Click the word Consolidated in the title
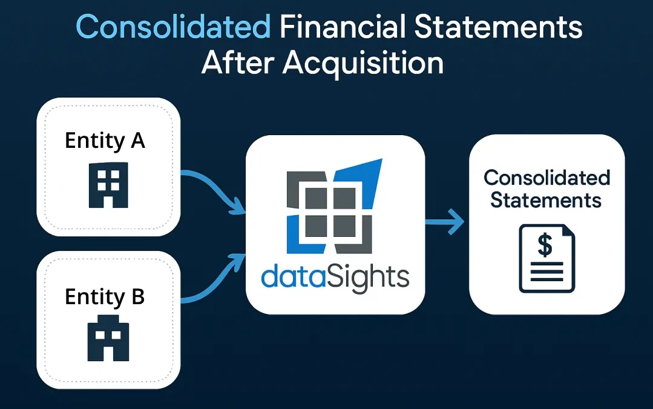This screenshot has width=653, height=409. pyautogui.click(x=173, y=27)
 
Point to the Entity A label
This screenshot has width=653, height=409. pyautogui.click(x=105, y=141)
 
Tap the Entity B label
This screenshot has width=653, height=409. pyautogui.click(x=105, y=297)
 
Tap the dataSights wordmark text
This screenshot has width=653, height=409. pyautogui.click(x=335, y=276)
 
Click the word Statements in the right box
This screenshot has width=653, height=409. pyautogui.click(x=546, y=200)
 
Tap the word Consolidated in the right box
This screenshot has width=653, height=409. pyautogui.click(x=546, y=178)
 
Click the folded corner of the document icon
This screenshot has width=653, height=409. pyautogui.click(x=568, y=231)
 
